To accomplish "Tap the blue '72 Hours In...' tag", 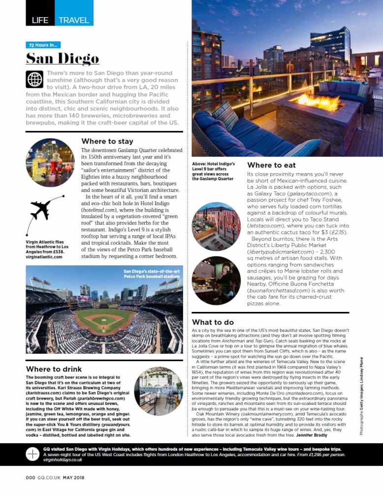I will tap(43, 45).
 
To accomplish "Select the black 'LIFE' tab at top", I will tap(39, 20).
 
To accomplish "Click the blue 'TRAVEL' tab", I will tap(74, 20).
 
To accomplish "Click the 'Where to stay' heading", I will tap(107, 142).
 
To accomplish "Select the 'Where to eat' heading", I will tap(271, 165).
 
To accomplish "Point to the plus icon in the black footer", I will tap(32, 454).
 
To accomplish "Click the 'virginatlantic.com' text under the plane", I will tap(44, 257).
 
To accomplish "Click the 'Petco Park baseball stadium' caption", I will tap(152, 274).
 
